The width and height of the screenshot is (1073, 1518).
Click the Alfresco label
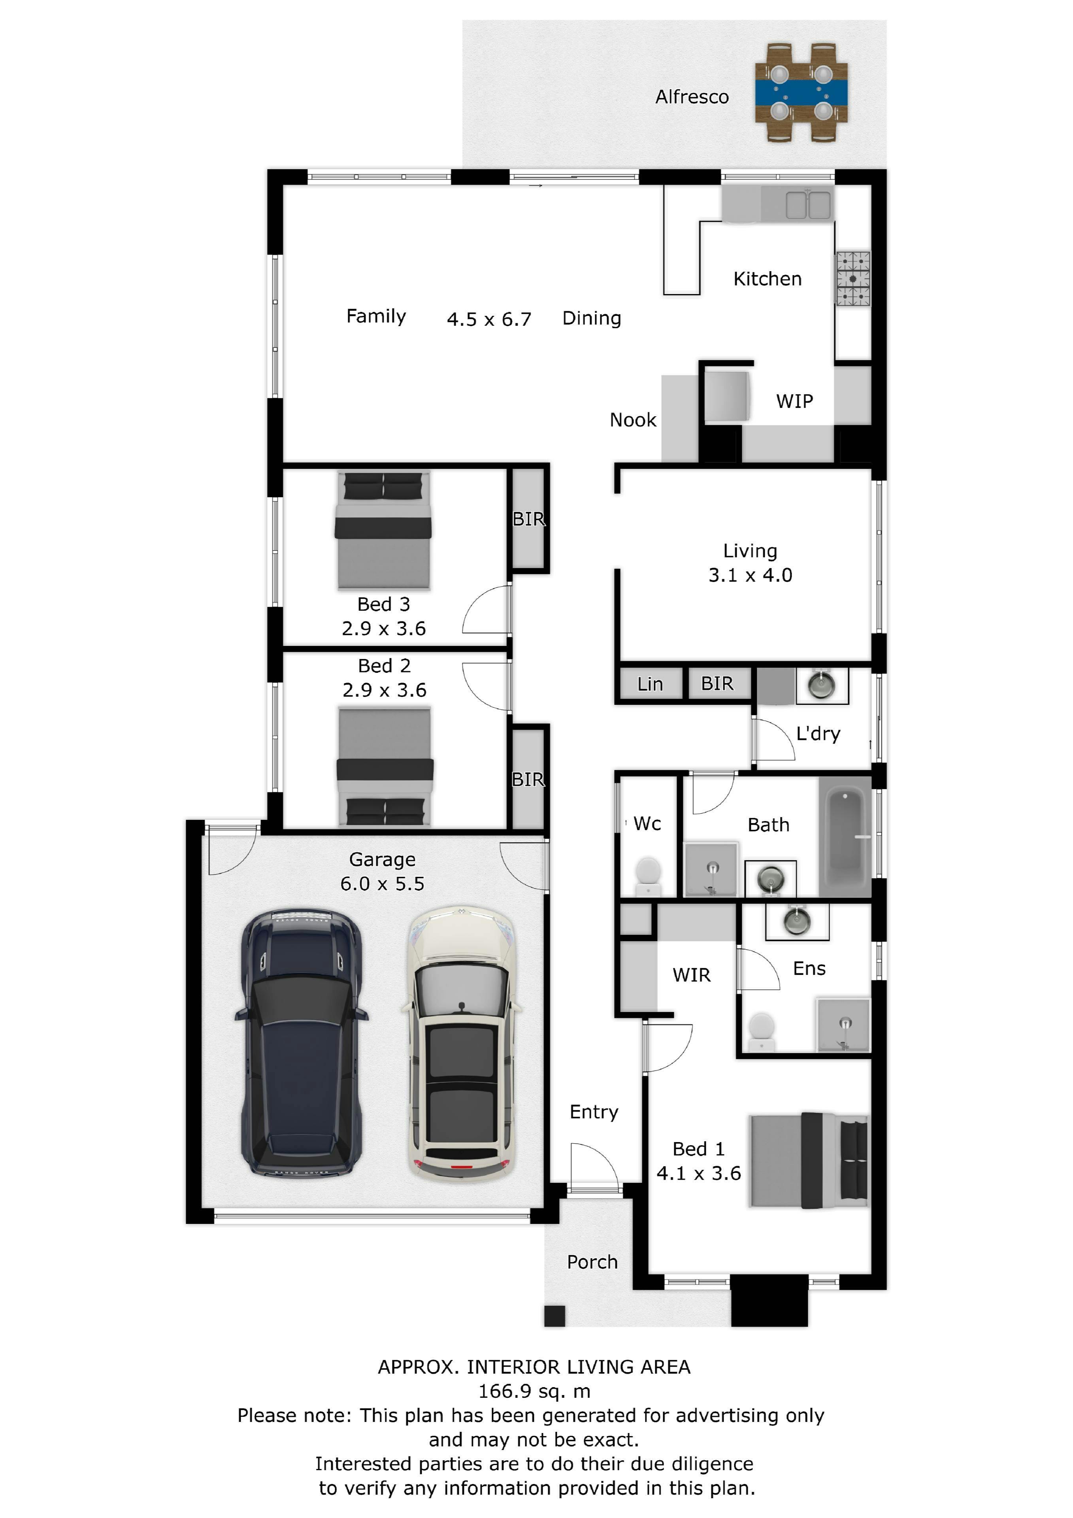tap(692, 97)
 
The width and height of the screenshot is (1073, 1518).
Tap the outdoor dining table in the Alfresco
tap(801, 93)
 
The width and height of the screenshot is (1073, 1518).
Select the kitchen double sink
tap(808, 204)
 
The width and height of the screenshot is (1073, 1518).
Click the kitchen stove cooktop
tap(853, 278)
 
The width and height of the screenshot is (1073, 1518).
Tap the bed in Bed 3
tap(383, 530)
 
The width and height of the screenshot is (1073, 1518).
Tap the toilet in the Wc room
tap(648, 875)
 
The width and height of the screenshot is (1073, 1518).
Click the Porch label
tap(592, 1262)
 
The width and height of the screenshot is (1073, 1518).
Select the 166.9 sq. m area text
tap(534, 1391)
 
